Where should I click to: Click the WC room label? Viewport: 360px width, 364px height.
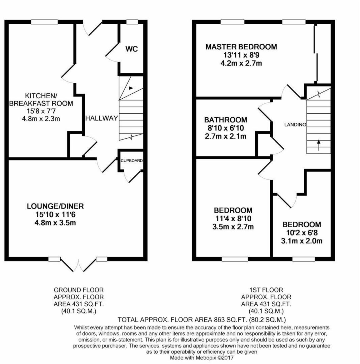[x=132, y=49]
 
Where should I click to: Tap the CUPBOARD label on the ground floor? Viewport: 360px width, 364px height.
[x=132, y=160]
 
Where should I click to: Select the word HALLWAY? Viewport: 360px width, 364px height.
[x=102, y=118]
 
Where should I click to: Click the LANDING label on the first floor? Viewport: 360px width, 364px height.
[x=295, y=125]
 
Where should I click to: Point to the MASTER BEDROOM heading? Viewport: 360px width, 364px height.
[x=241, y=47]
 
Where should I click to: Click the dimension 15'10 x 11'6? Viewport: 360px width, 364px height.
[x=55, y=215]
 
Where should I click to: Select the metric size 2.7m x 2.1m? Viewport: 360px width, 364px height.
[x=225, y=136]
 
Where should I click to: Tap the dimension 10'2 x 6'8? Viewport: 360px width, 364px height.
[x=302, y=233]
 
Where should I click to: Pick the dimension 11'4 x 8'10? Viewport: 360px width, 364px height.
[x=233, y=219]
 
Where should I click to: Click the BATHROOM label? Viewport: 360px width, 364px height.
[x=226, y=120]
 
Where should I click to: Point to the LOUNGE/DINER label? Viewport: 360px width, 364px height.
[x=55, y=206]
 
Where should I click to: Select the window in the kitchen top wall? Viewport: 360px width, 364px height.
[x=44, y=22]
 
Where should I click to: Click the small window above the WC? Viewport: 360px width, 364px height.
[x=132, y=22]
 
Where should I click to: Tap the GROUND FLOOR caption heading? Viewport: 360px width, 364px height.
[x=78, y=290]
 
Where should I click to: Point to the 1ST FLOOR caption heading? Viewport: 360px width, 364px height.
[x=266, y=290]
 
